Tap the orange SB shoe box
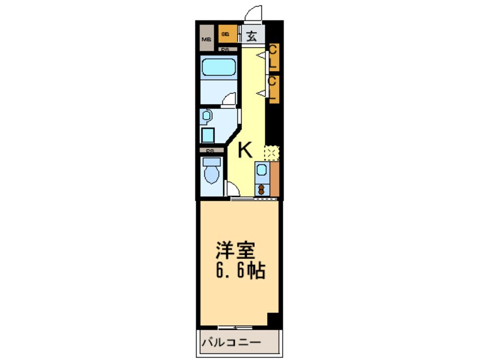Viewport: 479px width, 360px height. tap(225, 35)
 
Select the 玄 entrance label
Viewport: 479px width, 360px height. tap(253, 36)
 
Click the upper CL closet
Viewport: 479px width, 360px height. tap(272, 58)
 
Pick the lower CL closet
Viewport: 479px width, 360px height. tap(272, 89)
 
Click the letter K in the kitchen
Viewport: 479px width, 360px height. tap(245, 150)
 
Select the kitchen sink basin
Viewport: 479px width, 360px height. tap(262, 170)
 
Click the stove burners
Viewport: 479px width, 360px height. tap(262, 188)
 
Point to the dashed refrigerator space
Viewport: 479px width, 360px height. tap(272, 152)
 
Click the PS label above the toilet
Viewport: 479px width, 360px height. tap(209, 151)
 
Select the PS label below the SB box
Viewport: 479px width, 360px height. tap(225, 49)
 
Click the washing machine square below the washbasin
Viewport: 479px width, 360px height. tap(208, 135)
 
